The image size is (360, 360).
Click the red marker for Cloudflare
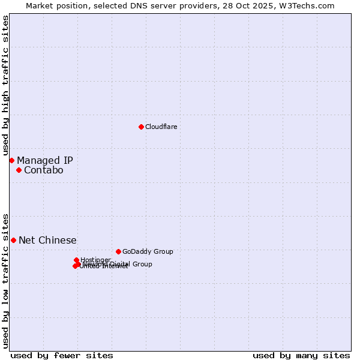(x=141, y=127)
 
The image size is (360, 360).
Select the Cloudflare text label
(x=161, y=127)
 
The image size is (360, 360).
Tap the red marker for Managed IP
(x=11, y=160)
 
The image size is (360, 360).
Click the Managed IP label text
(x=45, y=160)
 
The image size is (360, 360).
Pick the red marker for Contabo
(x=19, y=170)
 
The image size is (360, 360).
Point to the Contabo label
(x=43, y=170)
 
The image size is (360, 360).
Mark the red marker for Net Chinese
(x=13, y=240)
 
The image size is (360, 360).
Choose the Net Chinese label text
(x=47, y=240)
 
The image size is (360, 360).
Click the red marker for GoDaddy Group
(x=118, y=251)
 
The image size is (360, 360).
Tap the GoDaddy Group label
(x=148, y=251)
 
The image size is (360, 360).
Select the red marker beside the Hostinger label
(x=76, y=260)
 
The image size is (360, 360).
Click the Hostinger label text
(x=95, y=260)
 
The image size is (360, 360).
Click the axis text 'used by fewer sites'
(x=62, y=355)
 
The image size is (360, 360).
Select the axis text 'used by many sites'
(x=301, y=355)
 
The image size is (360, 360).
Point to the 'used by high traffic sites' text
(x=5, y=86)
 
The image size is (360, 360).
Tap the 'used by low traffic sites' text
(x=5, y=280)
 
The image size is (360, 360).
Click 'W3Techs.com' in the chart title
(x=310, y=5)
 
